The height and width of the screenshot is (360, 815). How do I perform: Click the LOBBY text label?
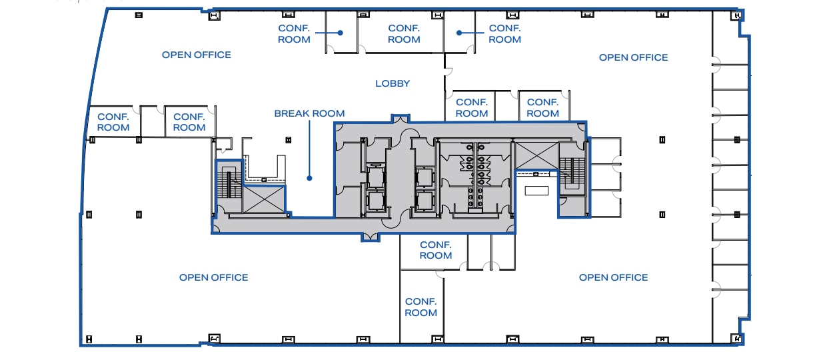393,83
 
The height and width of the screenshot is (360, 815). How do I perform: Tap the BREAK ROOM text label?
309,113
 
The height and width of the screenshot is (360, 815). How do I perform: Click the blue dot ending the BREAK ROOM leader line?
309,178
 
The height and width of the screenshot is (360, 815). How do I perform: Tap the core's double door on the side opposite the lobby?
371,235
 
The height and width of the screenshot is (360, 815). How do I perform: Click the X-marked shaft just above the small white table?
536,155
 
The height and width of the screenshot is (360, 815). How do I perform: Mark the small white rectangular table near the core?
536,191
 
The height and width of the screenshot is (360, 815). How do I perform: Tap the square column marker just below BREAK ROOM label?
288,139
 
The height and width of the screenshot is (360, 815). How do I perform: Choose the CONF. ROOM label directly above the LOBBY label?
404,33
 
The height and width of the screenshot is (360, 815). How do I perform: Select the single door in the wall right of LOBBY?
448,69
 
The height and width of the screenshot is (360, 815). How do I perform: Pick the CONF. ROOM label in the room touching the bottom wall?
421,307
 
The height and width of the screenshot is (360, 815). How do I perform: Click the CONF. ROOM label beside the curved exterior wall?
113,121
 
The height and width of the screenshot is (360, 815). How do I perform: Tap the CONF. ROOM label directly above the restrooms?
472,107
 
